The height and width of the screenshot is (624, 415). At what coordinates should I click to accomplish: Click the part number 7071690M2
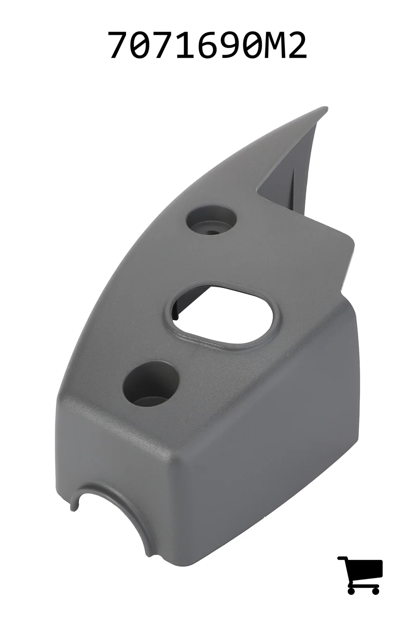click(207, 45)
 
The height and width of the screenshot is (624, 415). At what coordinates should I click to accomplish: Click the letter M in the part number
click(274, 45)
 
